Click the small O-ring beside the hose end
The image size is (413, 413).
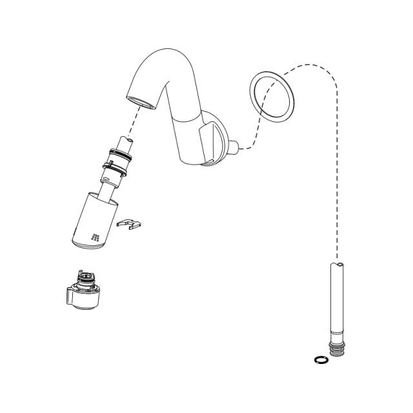318,359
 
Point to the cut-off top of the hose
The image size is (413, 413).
337,264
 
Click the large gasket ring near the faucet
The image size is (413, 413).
272,96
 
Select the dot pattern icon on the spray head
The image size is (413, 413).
96,237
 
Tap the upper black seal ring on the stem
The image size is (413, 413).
121,154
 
